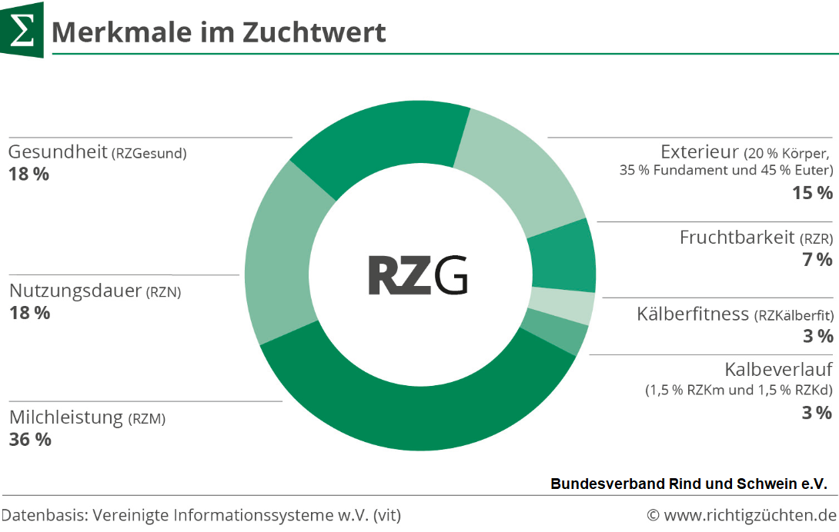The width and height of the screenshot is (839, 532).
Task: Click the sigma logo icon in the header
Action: pyautogui.click(x=22, y=30)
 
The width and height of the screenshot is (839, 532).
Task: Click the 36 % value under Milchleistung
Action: pyautogui.click(x=30, y=440)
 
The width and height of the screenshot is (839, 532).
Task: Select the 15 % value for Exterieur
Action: pyautogui.click(x=812, y=193)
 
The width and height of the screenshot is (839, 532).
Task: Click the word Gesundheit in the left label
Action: pyautogui.click(x=58, y=152)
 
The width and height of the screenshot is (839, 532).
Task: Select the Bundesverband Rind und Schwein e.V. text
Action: pyautogui.click(x=688, y=484)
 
